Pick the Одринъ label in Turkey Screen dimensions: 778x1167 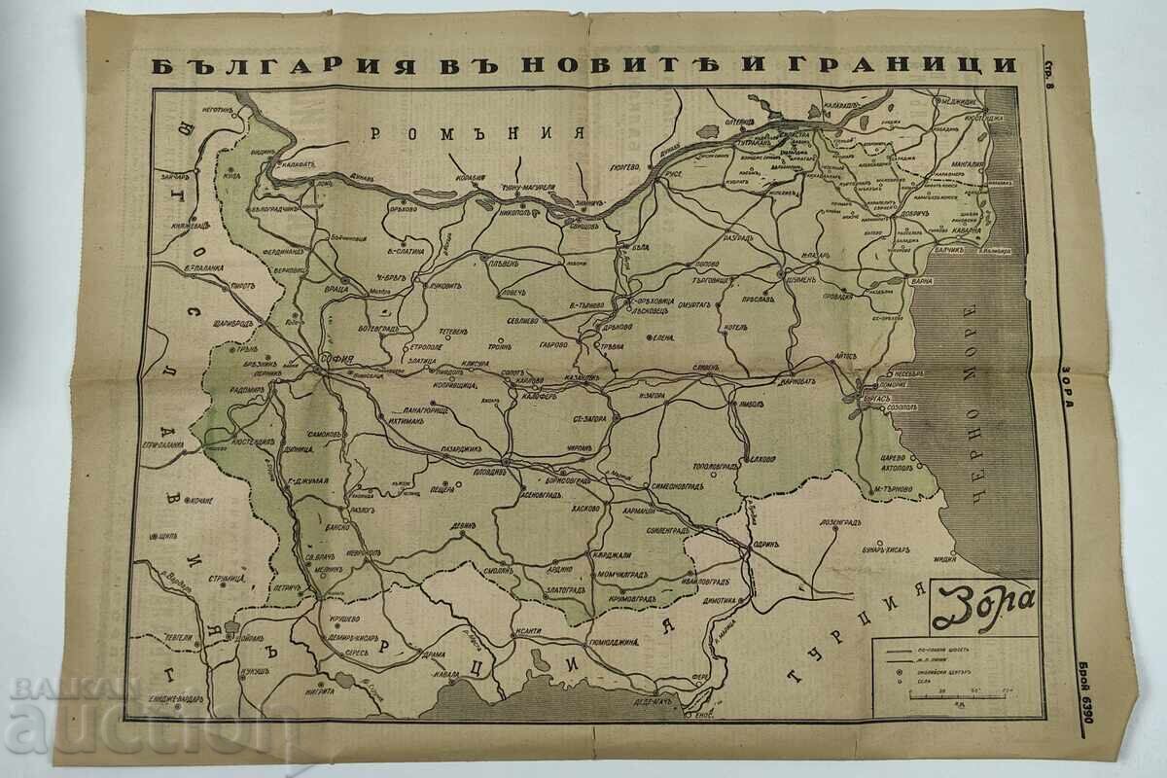[x=766, y=545]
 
